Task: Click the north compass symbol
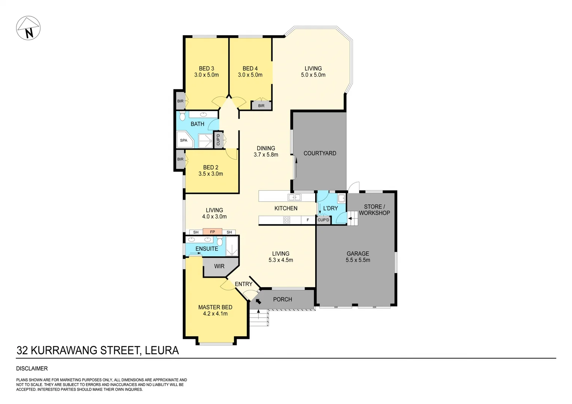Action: click(28, 28)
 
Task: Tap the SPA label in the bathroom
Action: click(183, 141)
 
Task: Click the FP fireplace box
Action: click(212, 232)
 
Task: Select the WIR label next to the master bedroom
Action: click(219, 266)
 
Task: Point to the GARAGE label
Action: click(357, 254)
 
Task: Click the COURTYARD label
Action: click(320, 153)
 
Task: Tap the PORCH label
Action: click(282, 299)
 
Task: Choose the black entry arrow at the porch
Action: click(258, 301)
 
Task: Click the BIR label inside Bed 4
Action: click(261, 106)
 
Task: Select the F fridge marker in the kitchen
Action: click(308, 220)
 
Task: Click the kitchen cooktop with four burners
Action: click(286, 220)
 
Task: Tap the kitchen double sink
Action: click(294, 197)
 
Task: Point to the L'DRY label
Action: click(330, 208)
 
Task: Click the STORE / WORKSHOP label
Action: click(374, 209)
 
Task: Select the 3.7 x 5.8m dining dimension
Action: click(266, 154)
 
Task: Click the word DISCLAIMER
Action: click(32, 368)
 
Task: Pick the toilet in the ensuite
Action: click(220, 242)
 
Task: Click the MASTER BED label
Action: click(215, 307)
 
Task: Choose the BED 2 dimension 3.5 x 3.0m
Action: click(211, 174)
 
